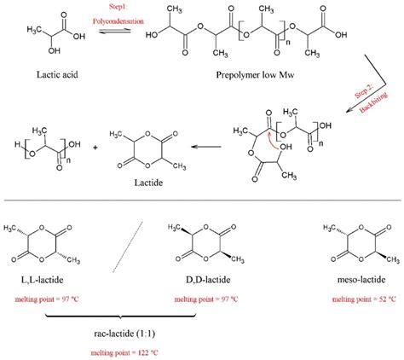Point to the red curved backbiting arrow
point(275,137)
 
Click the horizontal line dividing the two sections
point(202,202)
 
